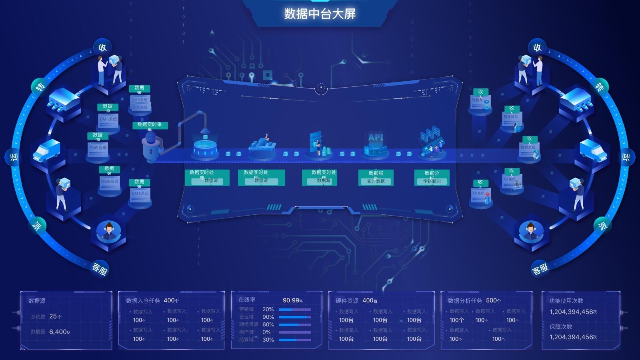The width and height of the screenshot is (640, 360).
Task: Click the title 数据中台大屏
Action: pos(320,14)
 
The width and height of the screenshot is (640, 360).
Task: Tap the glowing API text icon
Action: pos(376,137)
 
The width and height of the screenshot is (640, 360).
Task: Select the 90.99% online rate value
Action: pos(292,300)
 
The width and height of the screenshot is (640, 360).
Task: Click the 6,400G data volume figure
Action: pos(59,332)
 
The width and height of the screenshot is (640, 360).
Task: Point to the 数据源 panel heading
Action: pos(37,301)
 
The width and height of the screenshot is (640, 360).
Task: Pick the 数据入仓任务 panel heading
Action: pos(143,301)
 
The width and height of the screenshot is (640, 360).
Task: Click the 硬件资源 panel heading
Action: pos(347,301)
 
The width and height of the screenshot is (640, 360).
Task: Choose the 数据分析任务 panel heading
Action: pos(465,301)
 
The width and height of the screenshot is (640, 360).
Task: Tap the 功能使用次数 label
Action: pos(566,301)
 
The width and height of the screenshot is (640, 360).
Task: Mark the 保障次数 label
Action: pos(561,327)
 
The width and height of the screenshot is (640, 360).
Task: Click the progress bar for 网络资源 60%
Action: pos(294,324)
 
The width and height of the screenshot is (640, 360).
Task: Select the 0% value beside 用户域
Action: pos(266,332)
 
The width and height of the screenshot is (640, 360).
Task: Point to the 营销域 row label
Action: pos(246,309)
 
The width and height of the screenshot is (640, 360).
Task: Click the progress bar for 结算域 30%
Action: pos(294,340)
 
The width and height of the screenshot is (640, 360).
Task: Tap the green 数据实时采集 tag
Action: pos(150,125)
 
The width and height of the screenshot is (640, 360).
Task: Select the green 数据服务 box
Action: pos(376,177)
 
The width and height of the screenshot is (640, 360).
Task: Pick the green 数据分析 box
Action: pos(432,177)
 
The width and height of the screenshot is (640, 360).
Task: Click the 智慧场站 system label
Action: pos(511,117)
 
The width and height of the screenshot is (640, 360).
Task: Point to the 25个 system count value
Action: pos(55,316)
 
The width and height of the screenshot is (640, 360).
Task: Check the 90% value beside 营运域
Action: pos(268,317)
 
